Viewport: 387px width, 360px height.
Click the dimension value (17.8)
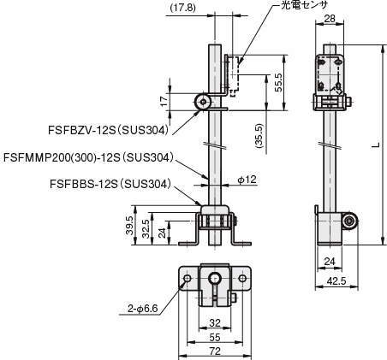coord(182,8)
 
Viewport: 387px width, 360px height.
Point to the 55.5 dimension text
coord(277,81)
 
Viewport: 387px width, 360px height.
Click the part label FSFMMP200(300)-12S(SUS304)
coord(89,157)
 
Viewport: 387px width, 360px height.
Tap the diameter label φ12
coord(247,180)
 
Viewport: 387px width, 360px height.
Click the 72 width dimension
coord(214,351)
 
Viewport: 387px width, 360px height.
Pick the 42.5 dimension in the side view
coord(336,279)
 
